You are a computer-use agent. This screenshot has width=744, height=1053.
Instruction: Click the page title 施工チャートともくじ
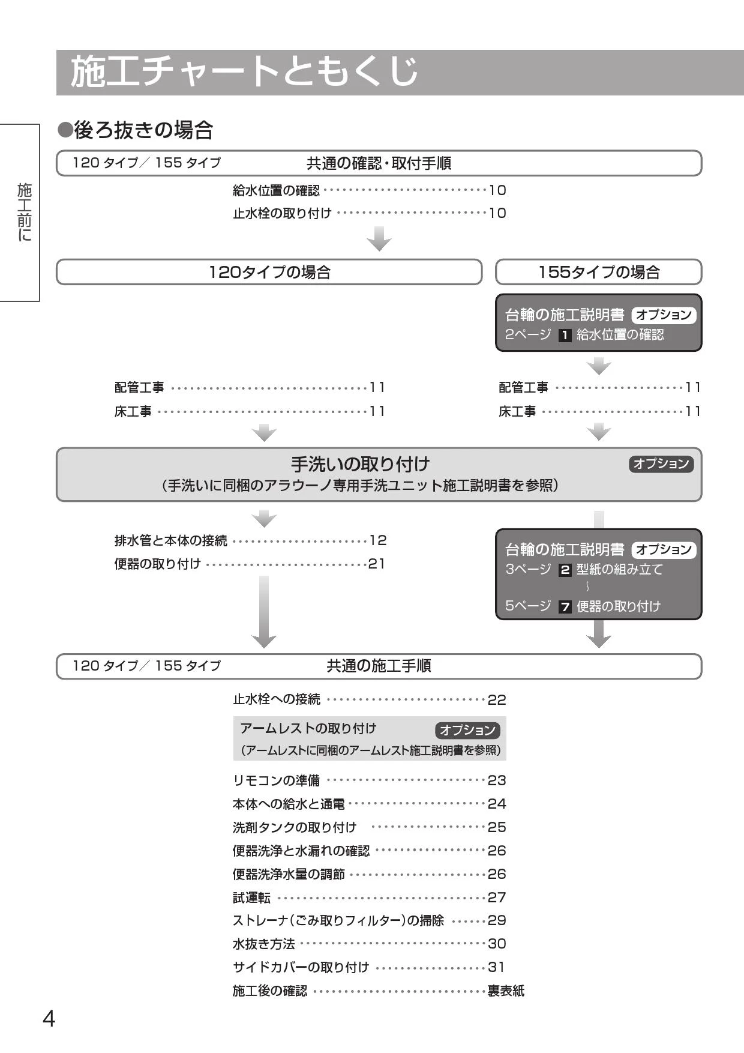point(244,72)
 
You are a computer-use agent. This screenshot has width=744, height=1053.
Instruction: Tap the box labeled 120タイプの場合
point(269,272)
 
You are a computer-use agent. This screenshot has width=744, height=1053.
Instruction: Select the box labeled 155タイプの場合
point(598,272)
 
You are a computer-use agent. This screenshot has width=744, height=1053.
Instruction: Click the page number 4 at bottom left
point(49,1018)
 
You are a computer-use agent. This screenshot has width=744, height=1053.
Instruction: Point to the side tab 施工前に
point(25,213)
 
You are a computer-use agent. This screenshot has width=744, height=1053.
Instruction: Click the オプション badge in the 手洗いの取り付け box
point(661,463)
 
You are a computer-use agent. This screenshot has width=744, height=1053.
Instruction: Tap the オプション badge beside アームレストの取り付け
point(467,730)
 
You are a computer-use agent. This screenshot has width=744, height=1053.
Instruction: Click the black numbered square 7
point(565,607)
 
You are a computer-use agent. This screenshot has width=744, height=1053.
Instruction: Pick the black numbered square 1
point(565,336)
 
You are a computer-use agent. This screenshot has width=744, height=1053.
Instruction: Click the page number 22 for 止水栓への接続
point(497,700)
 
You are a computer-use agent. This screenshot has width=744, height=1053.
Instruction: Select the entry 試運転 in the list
point(251,898)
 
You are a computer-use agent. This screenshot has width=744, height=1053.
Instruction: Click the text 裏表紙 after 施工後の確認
point(506,991)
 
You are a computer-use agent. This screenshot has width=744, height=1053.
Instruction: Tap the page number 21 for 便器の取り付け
point(376,564)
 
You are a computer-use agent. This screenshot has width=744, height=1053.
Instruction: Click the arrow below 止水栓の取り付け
point(379,238)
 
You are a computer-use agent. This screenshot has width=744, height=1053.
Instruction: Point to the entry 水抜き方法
point(264,944)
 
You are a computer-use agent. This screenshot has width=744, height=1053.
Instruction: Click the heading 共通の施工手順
point(379,666)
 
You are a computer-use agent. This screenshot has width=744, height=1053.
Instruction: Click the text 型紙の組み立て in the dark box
point(620,569)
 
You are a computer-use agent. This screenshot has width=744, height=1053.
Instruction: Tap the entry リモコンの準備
point(276,780)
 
